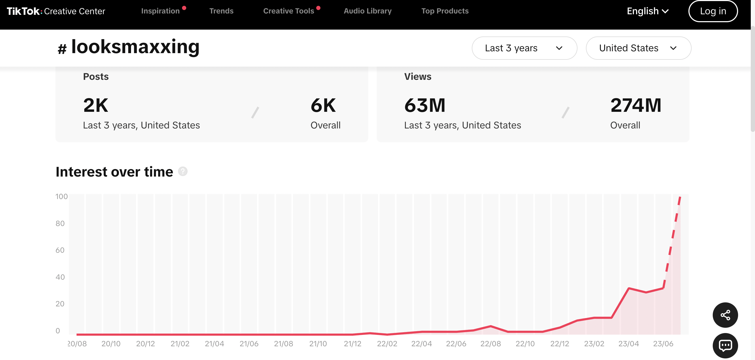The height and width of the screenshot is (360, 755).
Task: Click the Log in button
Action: tap(713, 11)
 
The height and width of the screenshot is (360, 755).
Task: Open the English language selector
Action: tap(647, 11)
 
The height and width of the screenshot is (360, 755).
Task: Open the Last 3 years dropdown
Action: tap(524, 48)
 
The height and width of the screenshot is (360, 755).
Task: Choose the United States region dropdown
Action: tap(638, 48)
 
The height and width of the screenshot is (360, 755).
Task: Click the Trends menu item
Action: tap(221, 11)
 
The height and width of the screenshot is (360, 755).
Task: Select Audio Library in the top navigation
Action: tap(367, 11)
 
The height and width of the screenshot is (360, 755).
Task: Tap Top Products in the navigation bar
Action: tap(445, 11)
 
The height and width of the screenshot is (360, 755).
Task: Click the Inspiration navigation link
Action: tap(160, 11)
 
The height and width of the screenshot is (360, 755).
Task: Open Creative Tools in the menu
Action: tap(288, 11)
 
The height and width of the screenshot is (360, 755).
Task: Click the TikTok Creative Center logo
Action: tap(56, 11)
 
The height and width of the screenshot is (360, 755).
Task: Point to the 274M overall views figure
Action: tap(635, 105)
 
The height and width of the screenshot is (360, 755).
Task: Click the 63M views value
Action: tap(425, 105)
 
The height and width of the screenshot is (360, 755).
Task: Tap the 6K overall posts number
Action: tap(323, 105)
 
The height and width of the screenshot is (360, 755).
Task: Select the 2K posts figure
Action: tap(96, 105)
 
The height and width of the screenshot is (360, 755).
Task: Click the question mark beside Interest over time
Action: tap(183, 172)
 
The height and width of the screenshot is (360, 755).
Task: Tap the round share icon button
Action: tap(725, 315)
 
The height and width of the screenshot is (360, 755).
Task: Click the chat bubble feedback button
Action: tap(725, 346)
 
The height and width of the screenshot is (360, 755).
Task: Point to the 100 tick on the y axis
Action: tap(62, 196)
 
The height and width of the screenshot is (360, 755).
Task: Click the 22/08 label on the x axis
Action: tap(490, 344)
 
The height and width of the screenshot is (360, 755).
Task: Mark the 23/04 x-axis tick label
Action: tap(628, 344)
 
